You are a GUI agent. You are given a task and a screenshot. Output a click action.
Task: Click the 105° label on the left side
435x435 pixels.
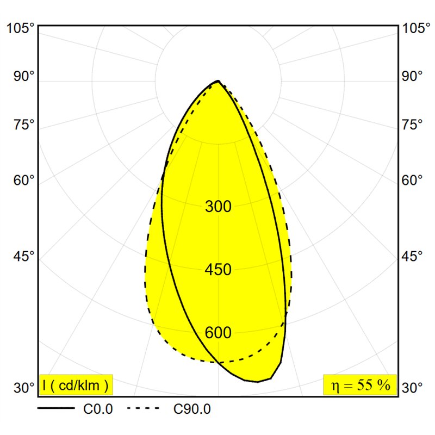[20, 28]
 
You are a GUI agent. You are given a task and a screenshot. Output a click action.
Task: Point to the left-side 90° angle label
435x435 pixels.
[24, 76]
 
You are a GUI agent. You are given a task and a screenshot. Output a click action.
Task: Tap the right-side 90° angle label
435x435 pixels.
[412, 76]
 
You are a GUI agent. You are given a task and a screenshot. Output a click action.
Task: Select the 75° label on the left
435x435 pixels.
[24, 125]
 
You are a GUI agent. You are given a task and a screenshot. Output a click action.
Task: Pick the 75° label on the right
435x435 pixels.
[412, 125]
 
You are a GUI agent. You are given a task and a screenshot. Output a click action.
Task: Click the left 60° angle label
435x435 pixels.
[24, 181]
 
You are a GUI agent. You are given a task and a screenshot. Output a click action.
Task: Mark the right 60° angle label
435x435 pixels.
[412, 181]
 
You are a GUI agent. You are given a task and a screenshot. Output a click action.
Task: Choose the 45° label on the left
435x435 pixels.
[24, 256]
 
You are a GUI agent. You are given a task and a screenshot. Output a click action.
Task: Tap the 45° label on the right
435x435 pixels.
[412, 256]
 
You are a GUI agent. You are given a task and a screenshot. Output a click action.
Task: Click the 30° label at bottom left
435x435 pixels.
[24, 388]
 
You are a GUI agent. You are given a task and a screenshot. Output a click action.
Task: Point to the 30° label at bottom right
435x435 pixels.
[412, 388]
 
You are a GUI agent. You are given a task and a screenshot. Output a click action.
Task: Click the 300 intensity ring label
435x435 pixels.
[218, 207]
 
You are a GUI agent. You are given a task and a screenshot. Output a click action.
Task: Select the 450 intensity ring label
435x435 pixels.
[218, 270]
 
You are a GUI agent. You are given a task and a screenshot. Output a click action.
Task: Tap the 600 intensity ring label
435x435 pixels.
[218, 333]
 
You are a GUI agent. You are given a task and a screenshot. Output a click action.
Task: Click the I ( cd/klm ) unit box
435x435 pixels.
[76, 385]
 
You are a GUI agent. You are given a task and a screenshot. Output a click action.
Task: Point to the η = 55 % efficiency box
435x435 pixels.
[360, 385]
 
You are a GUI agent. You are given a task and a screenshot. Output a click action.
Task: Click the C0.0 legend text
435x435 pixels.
[98, 409]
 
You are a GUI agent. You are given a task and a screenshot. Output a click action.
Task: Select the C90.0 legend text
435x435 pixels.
[192, 409]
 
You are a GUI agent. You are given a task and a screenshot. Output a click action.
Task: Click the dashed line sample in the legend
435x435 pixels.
[143, 408]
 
